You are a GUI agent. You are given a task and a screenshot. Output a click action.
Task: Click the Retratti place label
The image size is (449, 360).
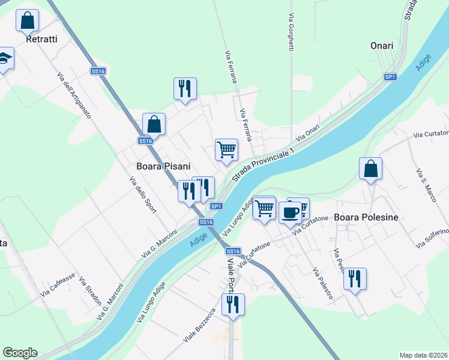42,40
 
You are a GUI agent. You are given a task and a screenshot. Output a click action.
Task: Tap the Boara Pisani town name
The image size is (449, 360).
163,166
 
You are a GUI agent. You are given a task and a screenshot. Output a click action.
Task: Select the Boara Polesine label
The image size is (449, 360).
366,217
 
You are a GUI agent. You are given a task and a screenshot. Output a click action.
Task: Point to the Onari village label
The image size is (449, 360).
382,46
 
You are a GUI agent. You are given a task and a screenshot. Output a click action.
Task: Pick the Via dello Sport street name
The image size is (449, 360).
143,194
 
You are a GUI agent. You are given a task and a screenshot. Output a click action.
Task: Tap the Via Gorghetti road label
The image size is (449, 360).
291,29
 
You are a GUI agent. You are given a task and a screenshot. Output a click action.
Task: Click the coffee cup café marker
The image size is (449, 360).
291,212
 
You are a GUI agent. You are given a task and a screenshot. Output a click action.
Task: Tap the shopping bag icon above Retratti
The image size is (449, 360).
27,21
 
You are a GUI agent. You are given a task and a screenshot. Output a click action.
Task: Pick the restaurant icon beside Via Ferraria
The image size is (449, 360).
185,89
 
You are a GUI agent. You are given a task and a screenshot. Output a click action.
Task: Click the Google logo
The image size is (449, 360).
20,353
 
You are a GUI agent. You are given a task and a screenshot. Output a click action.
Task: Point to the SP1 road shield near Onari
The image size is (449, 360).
391,77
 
